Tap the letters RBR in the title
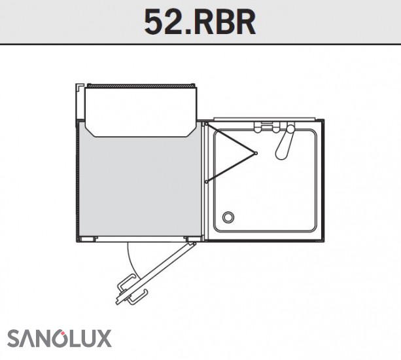coord(224,22)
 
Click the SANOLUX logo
coord(60,338)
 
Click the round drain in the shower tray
coord(228,217)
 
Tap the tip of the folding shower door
coord(256,153)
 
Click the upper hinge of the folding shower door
coord(206,124)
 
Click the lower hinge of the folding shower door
coord(206,182)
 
